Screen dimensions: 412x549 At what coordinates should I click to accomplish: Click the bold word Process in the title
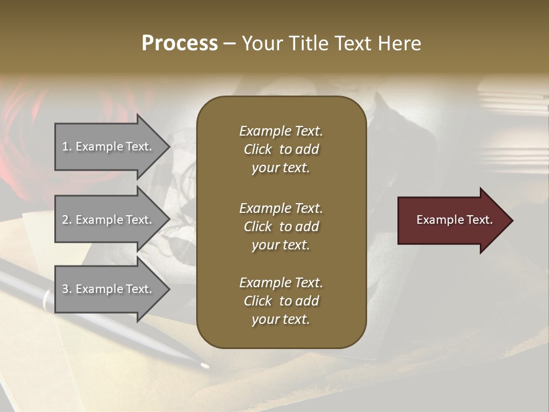pyautogui.click(x=180, y=43)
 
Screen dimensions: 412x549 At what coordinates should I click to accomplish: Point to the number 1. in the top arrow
pyautogui.click(x=67, y=146)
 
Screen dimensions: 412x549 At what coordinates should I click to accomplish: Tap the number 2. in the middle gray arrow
pyautogui.click(x=67, y=220)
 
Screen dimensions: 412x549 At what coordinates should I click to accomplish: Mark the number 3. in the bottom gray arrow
pyautogui.click(x=67, y=289)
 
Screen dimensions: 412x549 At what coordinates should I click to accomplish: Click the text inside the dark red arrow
pyautogui.click(x=455, y=220)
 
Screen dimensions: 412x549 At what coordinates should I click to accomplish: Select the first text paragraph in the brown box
pyautogui.click(x=281, y=149)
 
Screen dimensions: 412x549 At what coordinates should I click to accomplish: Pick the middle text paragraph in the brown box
pyautogui.click(x=281, y=227)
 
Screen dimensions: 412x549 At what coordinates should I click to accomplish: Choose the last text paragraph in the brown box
pyautogui.click(x=281, y=301)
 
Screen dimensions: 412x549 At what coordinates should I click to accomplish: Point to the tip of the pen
pyautogui.click(x=205, y=365)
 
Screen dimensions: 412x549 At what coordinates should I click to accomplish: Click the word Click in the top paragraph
pyautogui.click(x=257, y=149)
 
